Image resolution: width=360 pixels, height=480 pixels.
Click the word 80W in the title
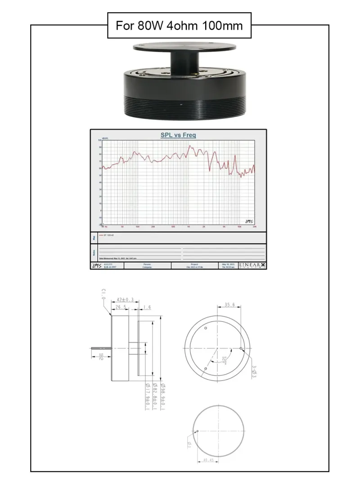[x=152, y=25]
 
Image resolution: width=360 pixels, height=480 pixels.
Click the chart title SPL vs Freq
[x=178, y=135]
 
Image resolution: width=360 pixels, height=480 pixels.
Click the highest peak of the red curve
[x=189, y=146]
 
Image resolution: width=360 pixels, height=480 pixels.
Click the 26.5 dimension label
[x=120, y=308]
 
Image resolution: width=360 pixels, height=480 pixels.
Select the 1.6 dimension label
[x=147, y=308]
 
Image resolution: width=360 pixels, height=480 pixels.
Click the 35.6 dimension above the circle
[x=229, y=305]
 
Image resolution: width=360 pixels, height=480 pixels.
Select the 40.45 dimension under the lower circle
[x=208, y=460]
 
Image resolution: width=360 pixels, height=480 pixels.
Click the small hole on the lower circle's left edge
[x=197, y=431]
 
